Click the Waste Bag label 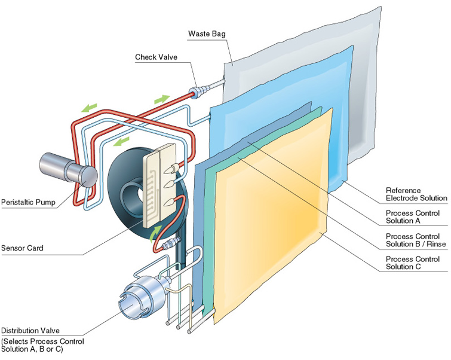(x=207, y=33)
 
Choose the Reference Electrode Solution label (x=416, y=194)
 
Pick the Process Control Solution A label (x=413, y=217)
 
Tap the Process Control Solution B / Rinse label (x=413, y=240)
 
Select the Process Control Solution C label (x=413, y=263)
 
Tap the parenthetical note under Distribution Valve (x=42, y=345)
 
